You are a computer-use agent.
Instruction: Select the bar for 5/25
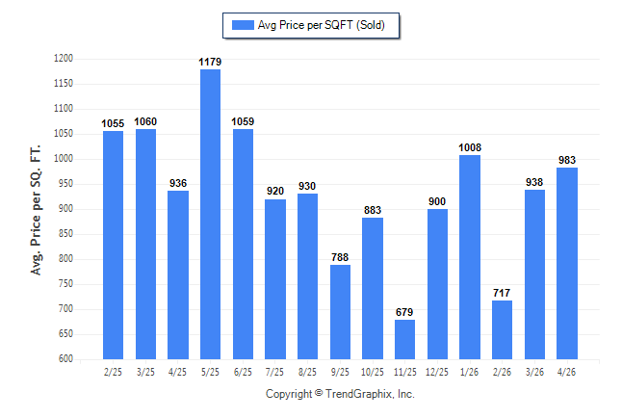pyautogui.click(x=210, y=215)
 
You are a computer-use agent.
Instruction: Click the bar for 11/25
pyautogui.click(x=404, y=339)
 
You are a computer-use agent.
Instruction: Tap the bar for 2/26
pyautogui.click(x=502, y=330)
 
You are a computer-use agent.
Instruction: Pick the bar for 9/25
pyautogui.click(x=340, y=312)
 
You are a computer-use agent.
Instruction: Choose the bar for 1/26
pyautogui.click(x=470, y=257)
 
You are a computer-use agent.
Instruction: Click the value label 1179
pyautogui.click(x=210, y=62)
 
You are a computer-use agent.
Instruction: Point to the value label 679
pyautogui.click(x=404, y=312)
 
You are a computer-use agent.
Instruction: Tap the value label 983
pyautogui.click(x=567, y=160)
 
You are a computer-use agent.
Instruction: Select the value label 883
pyautogui.click(x=373, y=210)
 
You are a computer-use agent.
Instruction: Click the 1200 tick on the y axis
pyautogui.click(x=64, y=59)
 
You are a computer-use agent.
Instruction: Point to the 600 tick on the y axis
pyautogui.click(x=65, y=358)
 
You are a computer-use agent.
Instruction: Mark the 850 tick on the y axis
pyautogui.click(x=65, y=233)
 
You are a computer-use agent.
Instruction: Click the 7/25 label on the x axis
pyautogui.click(x=274, y=372)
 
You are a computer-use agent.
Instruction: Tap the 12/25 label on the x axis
pyautogui.click(x=437, y=372)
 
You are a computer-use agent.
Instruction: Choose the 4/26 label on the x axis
pyautogui.click(x=566, y=372)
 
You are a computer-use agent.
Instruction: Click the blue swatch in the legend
pyautogui.click(x=243, y=25)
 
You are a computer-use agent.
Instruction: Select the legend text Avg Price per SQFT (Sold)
pyautogui.click(x=322, y=25)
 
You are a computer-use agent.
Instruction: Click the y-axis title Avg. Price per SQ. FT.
pyautogui.click(x=36, y=210)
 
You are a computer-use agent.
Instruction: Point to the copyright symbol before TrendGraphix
pyautogui.click(x=319, y=393)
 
